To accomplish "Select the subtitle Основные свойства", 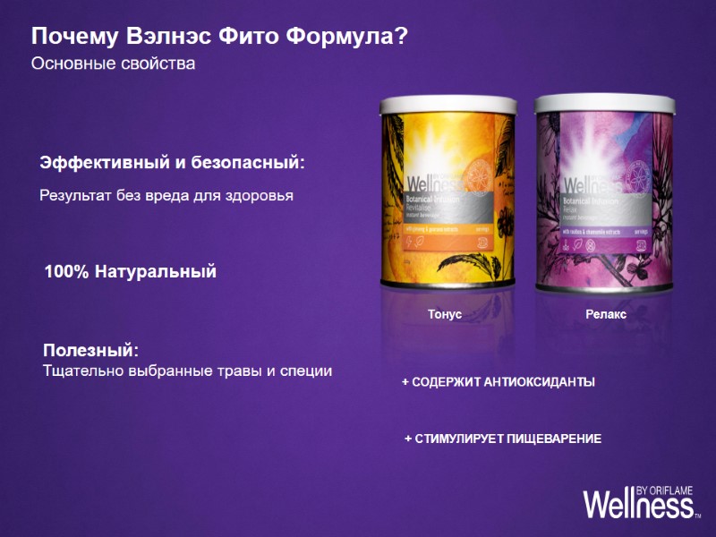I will pos(113,64).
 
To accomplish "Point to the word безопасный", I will pos(254,165).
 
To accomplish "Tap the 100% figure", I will pos(66,272).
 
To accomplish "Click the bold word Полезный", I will pos(90,349).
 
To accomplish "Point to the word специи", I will pos(303,371).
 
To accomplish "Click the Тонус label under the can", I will pos(445,315).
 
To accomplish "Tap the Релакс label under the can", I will pos(606,315).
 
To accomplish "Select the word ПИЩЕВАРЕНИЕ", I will pos(551,439).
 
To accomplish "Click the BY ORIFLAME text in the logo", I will pos(665,490).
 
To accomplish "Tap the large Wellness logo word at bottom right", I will pos(636,507).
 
